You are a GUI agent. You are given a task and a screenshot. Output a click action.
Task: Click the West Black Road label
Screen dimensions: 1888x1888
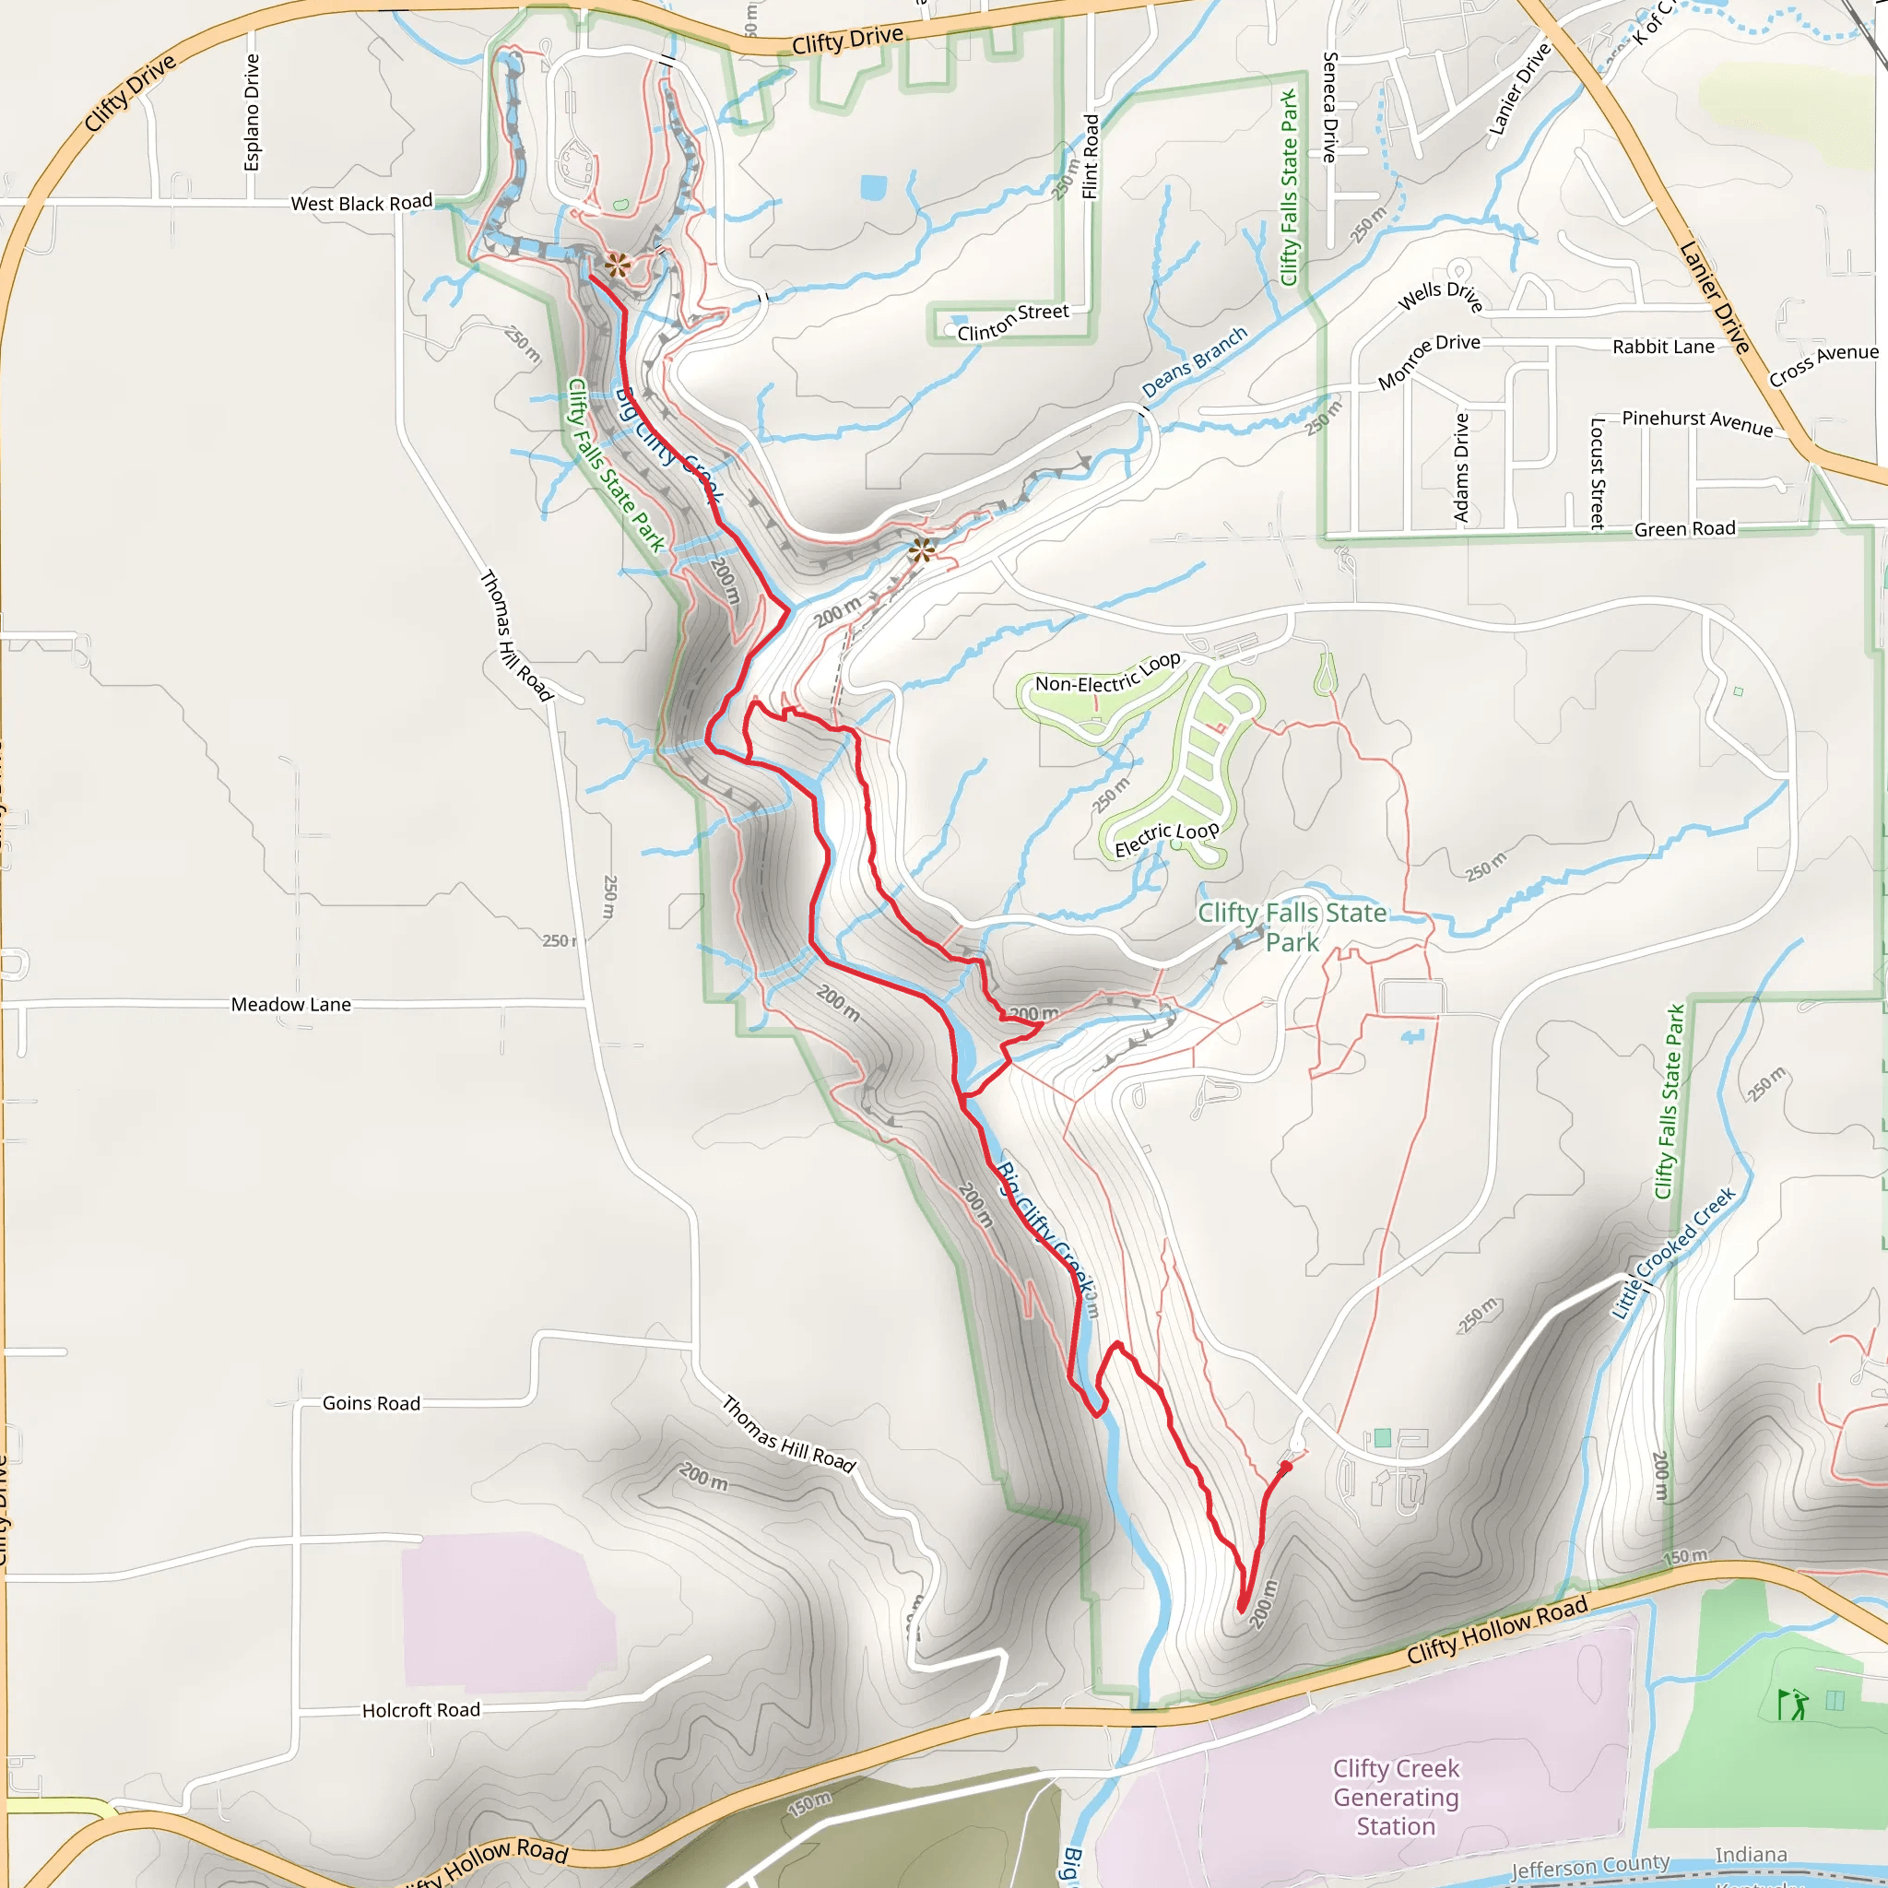click(x=361, y=203)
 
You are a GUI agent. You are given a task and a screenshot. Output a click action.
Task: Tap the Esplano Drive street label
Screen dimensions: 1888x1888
click(x=252, y=112)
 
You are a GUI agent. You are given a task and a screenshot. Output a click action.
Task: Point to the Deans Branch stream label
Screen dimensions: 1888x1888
click(x=1194, y=362)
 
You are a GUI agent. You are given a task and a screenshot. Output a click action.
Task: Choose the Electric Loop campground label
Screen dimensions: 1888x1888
click(x=1167, y=839)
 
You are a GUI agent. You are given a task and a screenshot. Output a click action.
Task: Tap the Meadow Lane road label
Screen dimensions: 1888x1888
click(x=290, y=1005)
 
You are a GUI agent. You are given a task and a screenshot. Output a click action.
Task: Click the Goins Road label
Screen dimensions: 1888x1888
click(x=372, y=1403)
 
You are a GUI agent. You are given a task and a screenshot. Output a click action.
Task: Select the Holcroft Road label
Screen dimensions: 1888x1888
click(x=421, y=1710)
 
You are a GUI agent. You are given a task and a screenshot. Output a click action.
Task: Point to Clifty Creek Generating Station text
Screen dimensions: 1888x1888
click(x=1396, y=1797)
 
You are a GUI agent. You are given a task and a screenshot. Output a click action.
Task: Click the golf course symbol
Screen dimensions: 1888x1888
click(x=1792, y=1705)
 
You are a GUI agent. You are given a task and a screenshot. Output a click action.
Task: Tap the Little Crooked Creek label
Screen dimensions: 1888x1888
click(x=1672, y=1253)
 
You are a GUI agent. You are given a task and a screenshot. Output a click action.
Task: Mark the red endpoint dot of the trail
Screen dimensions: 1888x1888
click(x=1286, y=1467)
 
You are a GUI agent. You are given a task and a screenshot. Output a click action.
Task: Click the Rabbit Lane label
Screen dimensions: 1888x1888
click(x=1663, y=347)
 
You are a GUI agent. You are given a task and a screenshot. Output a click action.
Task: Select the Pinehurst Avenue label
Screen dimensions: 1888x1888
click(x=1697, y=421)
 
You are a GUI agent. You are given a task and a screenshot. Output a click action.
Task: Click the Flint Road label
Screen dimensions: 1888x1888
click(x=1091, y=157)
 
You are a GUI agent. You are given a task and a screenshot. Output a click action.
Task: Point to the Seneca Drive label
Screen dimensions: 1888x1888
click(x=1329, y=108)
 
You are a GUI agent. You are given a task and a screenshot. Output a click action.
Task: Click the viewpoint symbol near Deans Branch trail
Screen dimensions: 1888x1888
click(x=921, y=549)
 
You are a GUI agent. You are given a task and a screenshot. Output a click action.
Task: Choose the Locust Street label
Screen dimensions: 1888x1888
click(x=1597, y=474)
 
